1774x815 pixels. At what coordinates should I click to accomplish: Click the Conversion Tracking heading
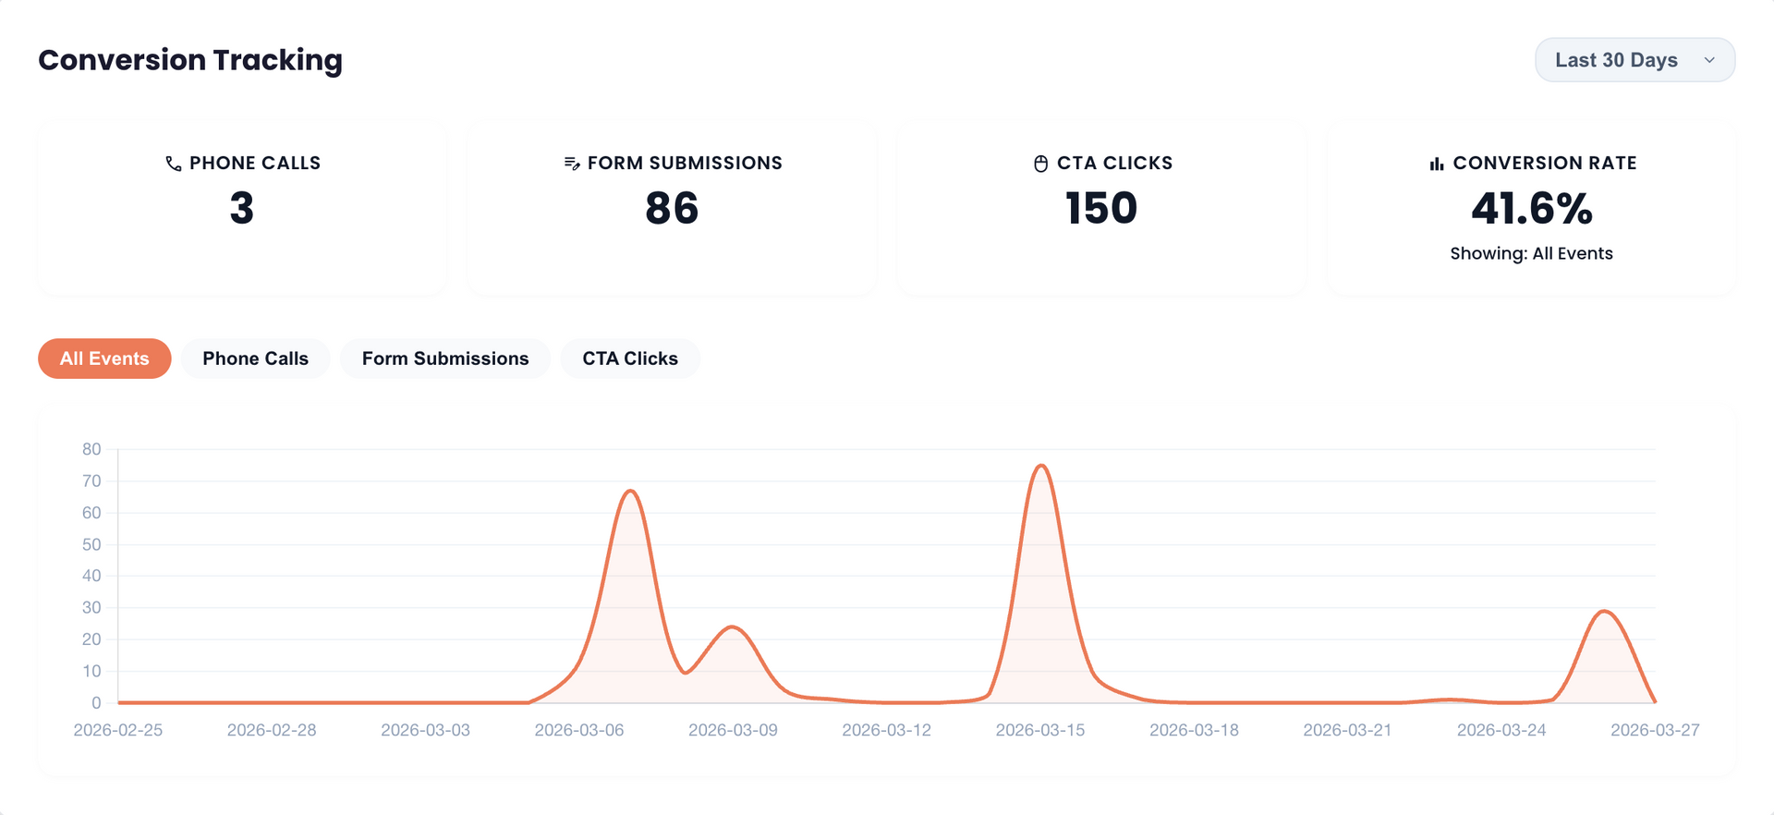pos(190,60)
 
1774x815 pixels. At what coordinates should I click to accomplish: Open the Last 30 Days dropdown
pos(1634,60)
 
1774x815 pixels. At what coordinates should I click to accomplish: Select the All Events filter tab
pos(104,359)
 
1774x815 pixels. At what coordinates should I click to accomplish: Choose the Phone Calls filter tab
pos(255,359)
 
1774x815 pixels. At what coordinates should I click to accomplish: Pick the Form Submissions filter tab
pos(444,359)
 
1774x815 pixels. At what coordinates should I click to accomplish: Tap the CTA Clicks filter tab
pos(629,359)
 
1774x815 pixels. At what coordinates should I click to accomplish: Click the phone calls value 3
pos(242,208)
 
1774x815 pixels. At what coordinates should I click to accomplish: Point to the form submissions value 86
pos(672,208)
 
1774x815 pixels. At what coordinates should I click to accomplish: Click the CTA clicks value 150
pos(1100,208)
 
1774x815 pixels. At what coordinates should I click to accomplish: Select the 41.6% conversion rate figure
pos(1531,208)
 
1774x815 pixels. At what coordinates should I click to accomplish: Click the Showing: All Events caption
pos(1531,253)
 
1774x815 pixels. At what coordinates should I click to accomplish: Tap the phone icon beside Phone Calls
pos(173,164)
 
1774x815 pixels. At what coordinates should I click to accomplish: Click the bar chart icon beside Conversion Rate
pos(1437,164)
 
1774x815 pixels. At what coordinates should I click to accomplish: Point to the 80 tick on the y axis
pos(91,449)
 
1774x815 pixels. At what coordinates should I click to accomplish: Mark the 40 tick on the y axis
pos(91,576)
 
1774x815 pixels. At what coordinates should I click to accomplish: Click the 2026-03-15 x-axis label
pos(1039,730)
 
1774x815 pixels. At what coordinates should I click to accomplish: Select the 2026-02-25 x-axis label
pos(118,730)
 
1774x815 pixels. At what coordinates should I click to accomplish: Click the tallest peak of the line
pos(1041,466)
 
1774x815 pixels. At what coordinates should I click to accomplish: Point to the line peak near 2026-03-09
pos(732,627)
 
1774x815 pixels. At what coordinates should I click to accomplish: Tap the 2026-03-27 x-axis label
pos(1654,730)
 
